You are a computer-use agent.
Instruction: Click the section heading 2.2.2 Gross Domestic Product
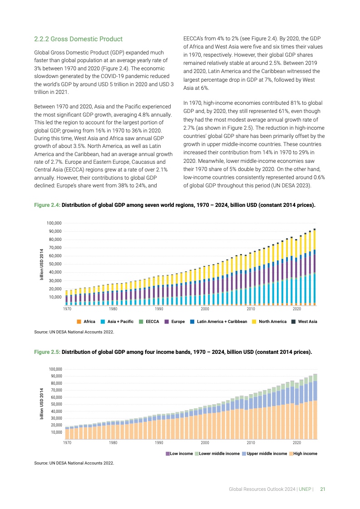(79, 39)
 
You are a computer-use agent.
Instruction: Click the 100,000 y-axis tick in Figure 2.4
(54, 223)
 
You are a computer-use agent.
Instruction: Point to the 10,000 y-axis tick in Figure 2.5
(55, 432)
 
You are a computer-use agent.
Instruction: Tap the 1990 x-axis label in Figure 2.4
(159, 309)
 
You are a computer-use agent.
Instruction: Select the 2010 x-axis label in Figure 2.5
(251, 442)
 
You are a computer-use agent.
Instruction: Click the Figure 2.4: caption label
(47, 205)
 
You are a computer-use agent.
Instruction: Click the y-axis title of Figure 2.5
(41, 403)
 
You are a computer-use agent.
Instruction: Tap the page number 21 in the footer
(323, 489)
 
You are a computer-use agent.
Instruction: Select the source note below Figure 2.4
(74, 332)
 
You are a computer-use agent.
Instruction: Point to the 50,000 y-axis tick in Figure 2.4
(55, 264)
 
